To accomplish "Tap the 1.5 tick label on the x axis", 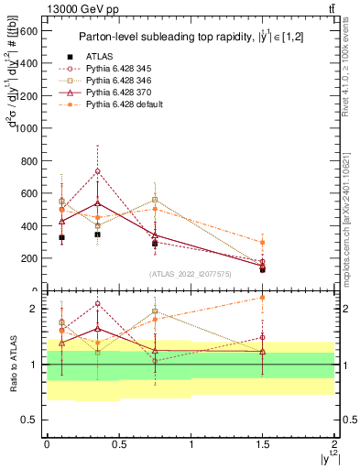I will (x=262, y=442).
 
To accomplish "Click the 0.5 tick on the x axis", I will (x=118, y=442).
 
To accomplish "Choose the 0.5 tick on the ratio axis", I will (x=31, y=420).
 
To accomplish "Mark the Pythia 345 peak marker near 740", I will (x=97, y=171).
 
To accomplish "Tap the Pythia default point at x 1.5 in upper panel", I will (x=262, y=242).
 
